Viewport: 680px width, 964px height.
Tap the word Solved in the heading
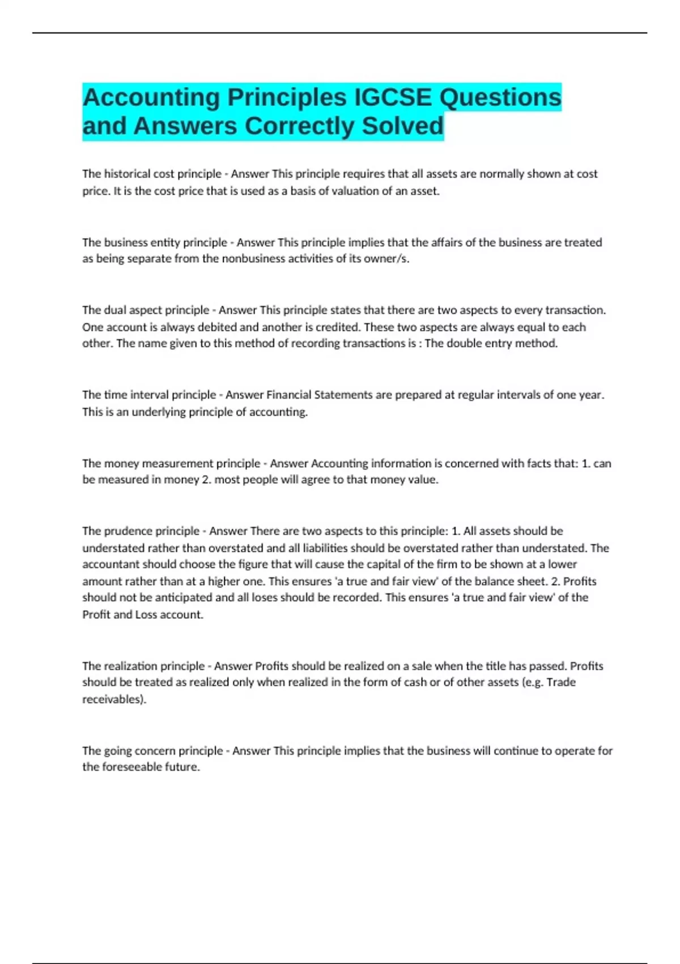click(x=402, y=126)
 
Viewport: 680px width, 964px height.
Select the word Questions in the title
click(x=500, y=97)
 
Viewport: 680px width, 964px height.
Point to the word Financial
click(x=288, y=395)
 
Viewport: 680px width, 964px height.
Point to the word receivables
click(x=113, y=699)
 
